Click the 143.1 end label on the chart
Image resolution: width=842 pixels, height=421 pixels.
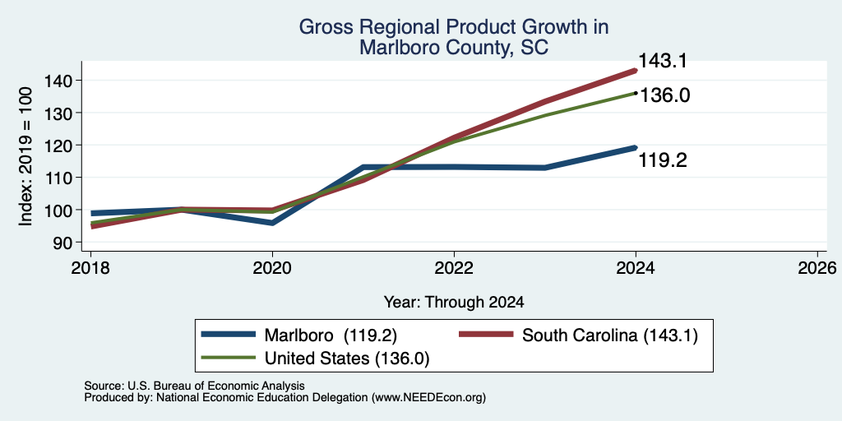[663, 61]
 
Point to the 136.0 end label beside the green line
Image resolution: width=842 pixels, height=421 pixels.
[664, 95]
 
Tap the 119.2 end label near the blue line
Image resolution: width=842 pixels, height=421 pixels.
[663, 160]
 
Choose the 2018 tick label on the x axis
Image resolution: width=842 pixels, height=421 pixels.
[90, 267]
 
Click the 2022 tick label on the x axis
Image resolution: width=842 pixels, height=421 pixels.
[454, 267]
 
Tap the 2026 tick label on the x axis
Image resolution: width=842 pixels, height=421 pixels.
[817, 267]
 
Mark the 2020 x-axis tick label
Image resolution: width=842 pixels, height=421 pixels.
[272, 267]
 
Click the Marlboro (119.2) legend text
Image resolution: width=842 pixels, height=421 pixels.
[331, 335]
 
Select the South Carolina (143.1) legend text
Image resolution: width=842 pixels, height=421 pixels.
[610, 335]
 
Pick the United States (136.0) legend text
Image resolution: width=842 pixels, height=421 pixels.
[347, 359]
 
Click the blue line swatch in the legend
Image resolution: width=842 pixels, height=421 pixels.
[229, 335]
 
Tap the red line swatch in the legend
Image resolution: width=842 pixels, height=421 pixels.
[486, 335]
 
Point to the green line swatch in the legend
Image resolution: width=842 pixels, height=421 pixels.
[229, 357]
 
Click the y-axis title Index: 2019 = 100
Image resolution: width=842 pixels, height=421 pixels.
[25, 156]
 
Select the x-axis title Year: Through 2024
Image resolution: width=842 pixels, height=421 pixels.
[454, 303]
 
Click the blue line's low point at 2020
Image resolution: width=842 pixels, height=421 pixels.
[272, 222]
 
